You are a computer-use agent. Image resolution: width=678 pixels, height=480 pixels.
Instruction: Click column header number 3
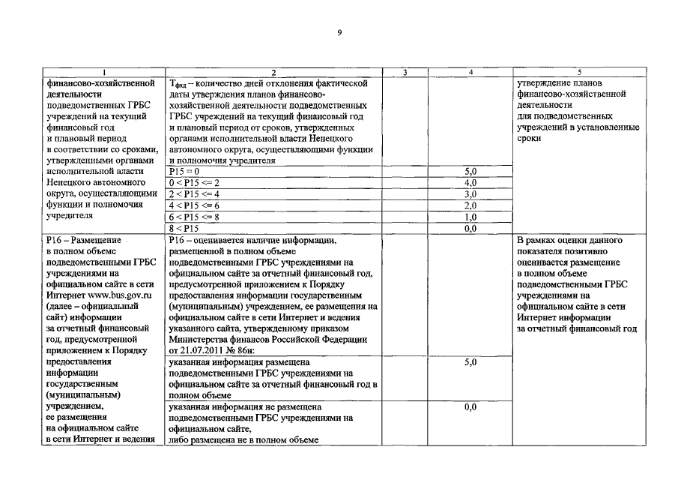coord(405,73)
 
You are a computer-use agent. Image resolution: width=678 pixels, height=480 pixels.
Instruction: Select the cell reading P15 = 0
coord(184,172)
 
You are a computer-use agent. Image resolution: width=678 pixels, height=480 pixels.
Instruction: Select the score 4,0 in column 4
coord(470,183)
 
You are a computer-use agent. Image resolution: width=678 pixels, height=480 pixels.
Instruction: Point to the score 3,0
coord(470,194)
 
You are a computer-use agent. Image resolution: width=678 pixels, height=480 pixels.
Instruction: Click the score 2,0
coord(470,205)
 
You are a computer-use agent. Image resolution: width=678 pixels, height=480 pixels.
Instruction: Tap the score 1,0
coord(470,217)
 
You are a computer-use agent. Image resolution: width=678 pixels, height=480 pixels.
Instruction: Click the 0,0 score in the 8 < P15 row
coord(470,228)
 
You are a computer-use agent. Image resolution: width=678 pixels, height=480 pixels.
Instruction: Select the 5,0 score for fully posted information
coord(470,362)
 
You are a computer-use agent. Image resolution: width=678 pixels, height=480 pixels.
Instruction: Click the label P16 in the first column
coord(55,240)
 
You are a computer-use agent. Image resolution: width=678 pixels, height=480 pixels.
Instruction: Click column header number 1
coord(103,73)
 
